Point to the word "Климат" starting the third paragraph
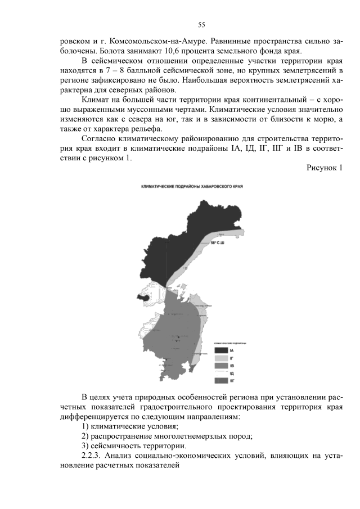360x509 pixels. click(x=97, y=102)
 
